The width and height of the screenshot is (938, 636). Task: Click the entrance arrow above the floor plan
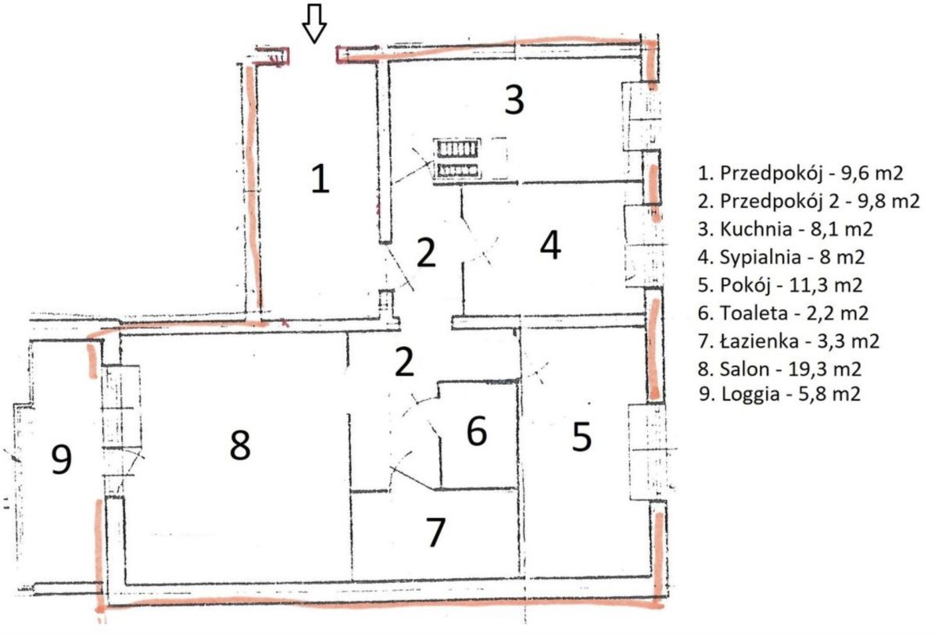[x=314, y=23]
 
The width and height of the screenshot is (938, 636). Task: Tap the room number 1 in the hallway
[x=320, y=179]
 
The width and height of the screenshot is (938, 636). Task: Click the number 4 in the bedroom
[x=550, y=245]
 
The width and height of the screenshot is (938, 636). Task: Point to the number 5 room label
[x=582, y=437]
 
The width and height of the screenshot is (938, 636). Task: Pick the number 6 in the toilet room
[x=477, y=430]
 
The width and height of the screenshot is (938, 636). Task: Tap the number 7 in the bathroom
[x=435, y=532]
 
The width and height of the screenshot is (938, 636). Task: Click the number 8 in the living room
[x=240, y=445]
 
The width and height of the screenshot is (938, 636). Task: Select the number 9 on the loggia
[x=61, y=459]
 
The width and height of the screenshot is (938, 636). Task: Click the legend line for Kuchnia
[x=785, y=229]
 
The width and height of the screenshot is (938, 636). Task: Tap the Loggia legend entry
[x=780, y=394]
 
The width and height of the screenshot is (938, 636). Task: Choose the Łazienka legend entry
[x=789, y=341]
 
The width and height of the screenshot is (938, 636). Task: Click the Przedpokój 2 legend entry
[x=808, y=202]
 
